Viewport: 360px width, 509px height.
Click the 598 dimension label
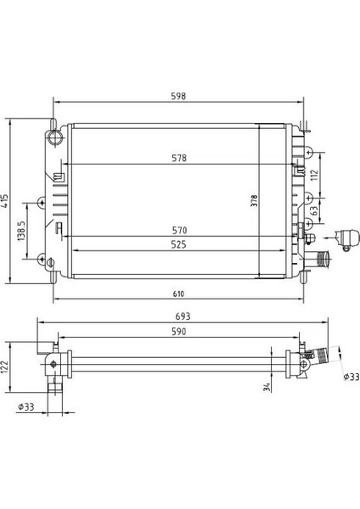point(177,96)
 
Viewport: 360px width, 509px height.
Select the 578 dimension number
point(177,159)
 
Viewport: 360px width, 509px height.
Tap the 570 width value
point(177,230)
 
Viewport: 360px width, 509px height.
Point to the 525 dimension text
point(177,245)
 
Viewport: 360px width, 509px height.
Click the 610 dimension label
point(177,294)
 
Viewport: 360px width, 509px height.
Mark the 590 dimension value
point(177,333)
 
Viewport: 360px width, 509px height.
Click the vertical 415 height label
point(7,201)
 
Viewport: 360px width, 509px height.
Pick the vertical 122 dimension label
point(7,366)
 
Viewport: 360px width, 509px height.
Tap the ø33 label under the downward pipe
point(26,407)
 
